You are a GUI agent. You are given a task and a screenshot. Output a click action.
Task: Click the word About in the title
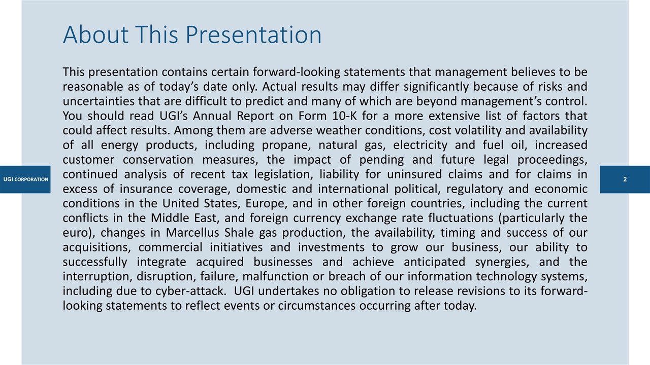point(96,35)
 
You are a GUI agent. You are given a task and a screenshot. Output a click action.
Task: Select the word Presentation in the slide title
point(253,35)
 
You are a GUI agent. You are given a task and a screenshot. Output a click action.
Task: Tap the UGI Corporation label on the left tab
point(25,179)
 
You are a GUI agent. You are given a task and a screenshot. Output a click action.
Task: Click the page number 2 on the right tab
point(625,179)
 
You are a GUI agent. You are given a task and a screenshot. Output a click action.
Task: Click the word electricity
point(420,145)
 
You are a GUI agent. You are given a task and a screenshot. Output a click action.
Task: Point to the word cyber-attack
point(190,291)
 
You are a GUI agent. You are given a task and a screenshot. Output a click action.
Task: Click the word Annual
point(212,116)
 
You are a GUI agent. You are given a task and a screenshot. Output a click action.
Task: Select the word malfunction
point(275,276)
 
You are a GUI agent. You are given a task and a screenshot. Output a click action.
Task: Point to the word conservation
point(158,160)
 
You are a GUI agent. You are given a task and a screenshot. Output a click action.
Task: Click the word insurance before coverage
point(146,189)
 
